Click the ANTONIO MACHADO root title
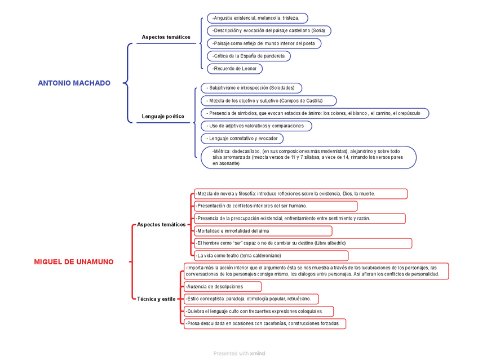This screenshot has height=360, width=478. (74, 83)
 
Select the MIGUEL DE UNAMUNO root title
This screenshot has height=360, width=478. (73, 261)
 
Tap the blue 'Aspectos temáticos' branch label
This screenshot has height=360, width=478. (166, 37)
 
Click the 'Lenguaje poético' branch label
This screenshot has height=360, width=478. (163, 116)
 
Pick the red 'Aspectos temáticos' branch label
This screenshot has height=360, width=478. (161, 224)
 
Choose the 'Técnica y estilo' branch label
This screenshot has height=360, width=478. (156, 299)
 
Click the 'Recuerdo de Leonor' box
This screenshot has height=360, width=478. (234, 69)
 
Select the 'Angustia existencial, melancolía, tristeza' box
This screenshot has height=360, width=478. (257, 18)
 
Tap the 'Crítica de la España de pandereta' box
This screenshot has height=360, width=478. (249, 56)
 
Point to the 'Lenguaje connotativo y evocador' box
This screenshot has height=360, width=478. (242, 138)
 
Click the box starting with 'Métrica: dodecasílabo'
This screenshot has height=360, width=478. (308, 157)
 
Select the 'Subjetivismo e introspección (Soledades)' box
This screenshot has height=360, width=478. (251, 88)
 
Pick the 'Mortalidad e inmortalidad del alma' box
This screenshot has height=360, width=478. (263, 231)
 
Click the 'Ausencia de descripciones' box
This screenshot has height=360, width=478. (222, 286)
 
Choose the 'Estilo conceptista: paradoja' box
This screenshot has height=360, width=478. (251, 299)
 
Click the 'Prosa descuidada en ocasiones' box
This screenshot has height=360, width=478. (264, 323)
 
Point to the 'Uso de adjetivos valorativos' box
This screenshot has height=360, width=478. (256, 126)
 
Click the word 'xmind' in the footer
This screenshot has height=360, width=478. (258, 353)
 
